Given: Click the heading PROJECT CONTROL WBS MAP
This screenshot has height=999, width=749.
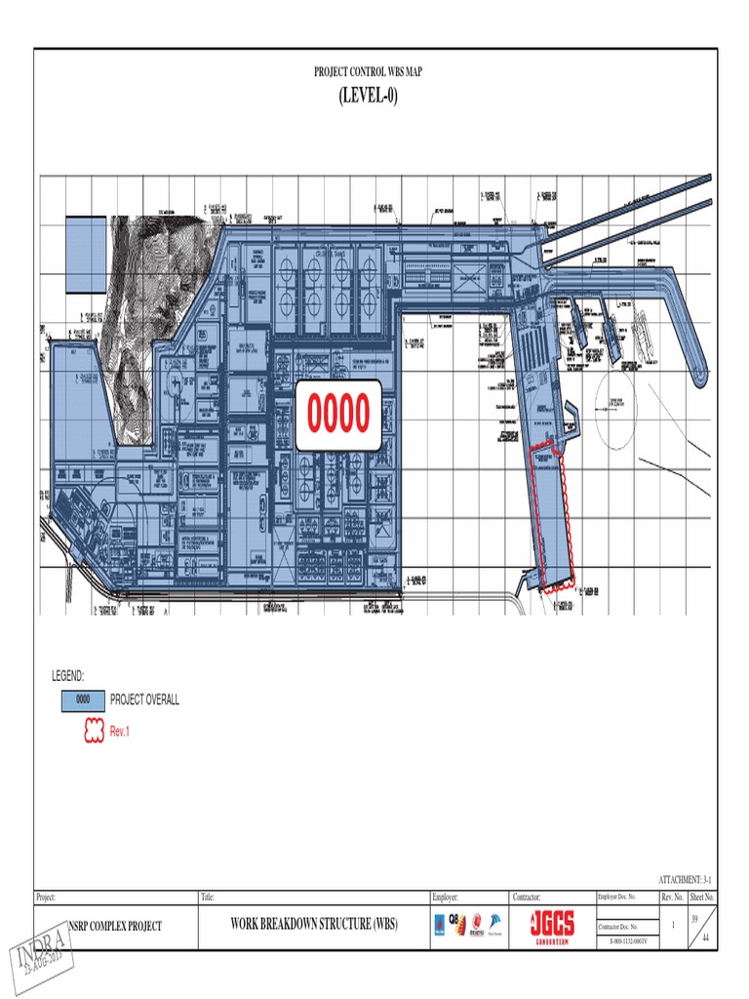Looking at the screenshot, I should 368,72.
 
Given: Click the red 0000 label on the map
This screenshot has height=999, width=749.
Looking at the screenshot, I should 338,415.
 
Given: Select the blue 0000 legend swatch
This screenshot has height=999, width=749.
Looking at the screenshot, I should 83,700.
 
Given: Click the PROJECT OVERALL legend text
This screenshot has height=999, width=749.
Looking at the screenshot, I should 144,700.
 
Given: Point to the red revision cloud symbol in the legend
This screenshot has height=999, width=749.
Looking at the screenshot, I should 83,732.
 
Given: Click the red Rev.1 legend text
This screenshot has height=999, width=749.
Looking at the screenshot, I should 120,732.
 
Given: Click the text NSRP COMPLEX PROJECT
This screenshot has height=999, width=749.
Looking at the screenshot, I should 114,925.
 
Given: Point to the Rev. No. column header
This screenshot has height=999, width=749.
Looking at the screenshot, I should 673,897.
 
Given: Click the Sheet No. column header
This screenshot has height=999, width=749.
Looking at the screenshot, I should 702,897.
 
